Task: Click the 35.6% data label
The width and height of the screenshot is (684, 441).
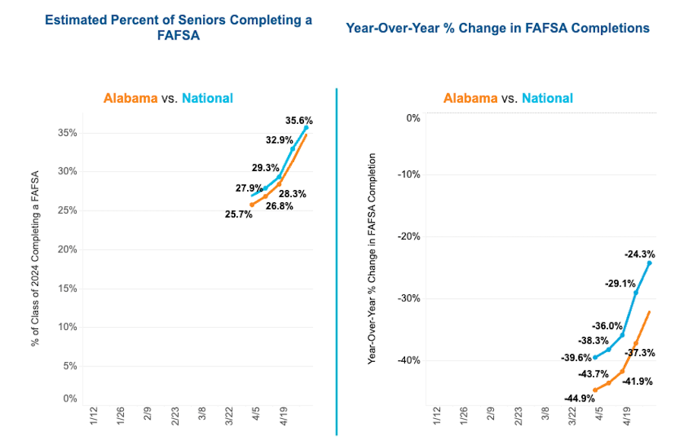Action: point(299,120)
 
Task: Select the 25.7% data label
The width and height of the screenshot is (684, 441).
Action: point(239,214)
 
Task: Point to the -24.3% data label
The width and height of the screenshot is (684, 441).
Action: point(639,255)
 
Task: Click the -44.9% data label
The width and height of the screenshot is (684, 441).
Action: point(579,398)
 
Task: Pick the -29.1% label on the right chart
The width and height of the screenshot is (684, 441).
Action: point(620,284)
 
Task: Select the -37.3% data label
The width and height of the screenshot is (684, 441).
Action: point(639,353)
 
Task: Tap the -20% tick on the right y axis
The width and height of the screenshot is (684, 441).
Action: point(409,236)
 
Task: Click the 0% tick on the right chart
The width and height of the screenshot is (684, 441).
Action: point(413,118)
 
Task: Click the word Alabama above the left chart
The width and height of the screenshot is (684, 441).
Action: point(131,98)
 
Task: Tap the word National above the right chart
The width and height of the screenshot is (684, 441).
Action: point(547,98)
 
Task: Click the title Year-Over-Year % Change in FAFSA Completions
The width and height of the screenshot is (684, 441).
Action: point(498,28)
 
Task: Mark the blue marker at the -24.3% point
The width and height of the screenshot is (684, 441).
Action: point(650,262)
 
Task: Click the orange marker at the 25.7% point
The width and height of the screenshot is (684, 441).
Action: point(252,205)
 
